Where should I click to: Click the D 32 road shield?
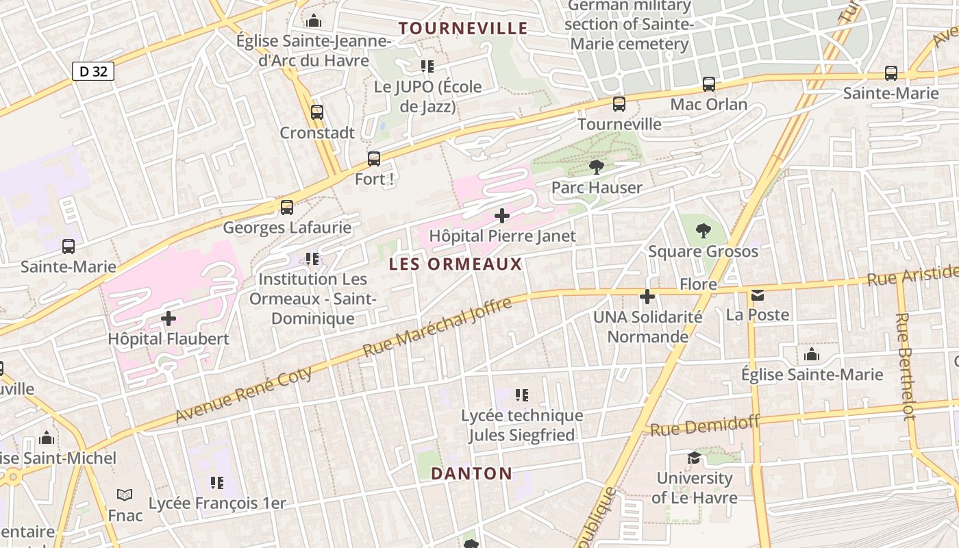pos(92,71)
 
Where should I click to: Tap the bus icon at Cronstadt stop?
pos(316,112)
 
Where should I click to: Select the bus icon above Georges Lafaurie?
pos(287,207)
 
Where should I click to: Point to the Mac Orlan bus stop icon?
pos(709,84)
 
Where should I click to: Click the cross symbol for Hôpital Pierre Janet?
pos(502,216)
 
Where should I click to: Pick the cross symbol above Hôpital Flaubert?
pos(169,319)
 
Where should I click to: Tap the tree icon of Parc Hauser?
pos(597,167)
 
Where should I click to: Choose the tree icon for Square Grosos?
pos(703,231)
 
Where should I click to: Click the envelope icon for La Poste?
pos(758,295)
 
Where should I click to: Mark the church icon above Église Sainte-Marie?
pos(812,354)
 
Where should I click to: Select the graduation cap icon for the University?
pos(694,458)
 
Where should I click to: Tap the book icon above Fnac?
pos(125,495)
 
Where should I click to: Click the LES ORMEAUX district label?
pos(456,264)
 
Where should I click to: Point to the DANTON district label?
pos(471,473)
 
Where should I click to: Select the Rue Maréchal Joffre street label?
pos(437,327)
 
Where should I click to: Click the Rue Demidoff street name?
pos(705,426)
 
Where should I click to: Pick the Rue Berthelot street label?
pos(906,366)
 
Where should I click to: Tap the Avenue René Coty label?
pos(244,395)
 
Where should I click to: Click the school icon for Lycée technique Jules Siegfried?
pos(522,395)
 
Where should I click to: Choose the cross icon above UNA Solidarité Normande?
pos(647,297)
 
